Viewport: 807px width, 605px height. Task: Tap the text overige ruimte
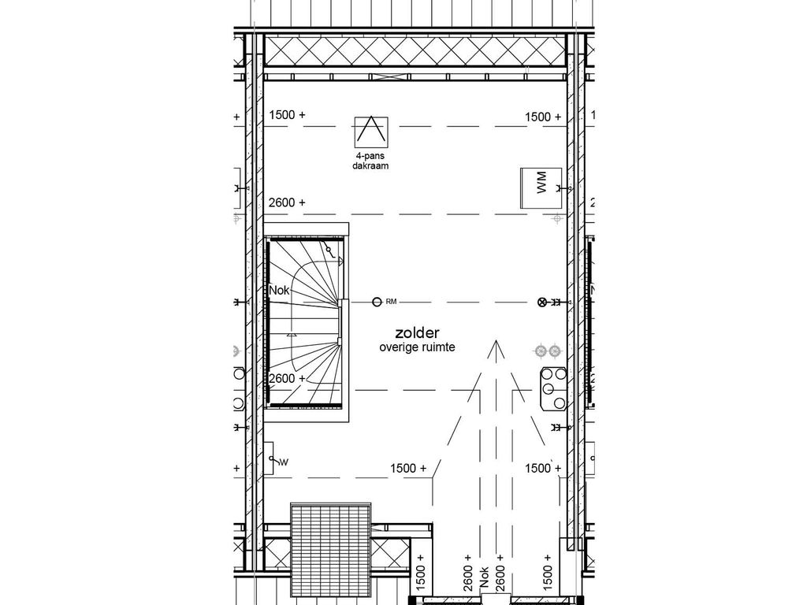click(x=417, y=347)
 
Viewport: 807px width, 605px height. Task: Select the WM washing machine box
click(x=540, y=188)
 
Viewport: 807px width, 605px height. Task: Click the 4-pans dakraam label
click(x=370, y=162)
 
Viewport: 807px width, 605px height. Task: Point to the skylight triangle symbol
click(x=370, y=130)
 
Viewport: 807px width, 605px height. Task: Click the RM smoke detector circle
click(x=377, y=301)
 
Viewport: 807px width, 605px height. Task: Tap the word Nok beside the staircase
click(x=279, y=291)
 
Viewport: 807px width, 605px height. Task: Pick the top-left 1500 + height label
click(x=287, y=115)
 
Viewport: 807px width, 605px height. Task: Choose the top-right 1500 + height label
click(x=543, y=117)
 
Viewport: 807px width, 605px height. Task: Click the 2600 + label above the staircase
click(x=287, y=202)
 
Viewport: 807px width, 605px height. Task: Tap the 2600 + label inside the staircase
click(x=287, y=378)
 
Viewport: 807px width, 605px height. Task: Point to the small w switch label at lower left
click(x=284, y=462)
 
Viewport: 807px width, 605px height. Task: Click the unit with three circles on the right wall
click(x=552, y=388)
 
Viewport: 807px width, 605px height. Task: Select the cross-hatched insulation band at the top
click(x=415, y=51)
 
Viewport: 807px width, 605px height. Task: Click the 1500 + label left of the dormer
click(x=408, y=468)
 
